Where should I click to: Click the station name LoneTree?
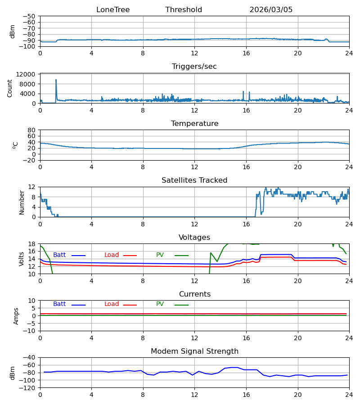[x=113, y=10]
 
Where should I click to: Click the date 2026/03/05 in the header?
[x=271, y=10]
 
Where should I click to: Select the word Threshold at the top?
[x=184, y=10]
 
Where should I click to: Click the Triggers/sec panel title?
[x=194, y=67]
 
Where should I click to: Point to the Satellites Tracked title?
[x=194, y=180]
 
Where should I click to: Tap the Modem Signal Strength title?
[x=194, y=351]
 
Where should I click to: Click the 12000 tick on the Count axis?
[x=26, y=74]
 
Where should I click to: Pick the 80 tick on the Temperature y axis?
[x=31, y=130]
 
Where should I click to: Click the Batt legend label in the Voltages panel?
[x=59, y=255]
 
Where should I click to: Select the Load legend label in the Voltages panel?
[x=112, y=255]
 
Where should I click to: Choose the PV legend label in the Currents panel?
[x=160, y=304]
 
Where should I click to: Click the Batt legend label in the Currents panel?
[x=59, y=304]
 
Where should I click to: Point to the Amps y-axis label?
[x=16, y=316]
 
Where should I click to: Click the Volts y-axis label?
[x=21, y=259]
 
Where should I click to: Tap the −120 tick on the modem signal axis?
[x=29, y=388]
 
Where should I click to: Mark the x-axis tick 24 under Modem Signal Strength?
[x=349, y=395]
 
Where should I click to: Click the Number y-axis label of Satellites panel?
[x=22, y=202]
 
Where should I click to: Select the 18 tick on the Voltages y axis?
[x=31, y=244]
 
